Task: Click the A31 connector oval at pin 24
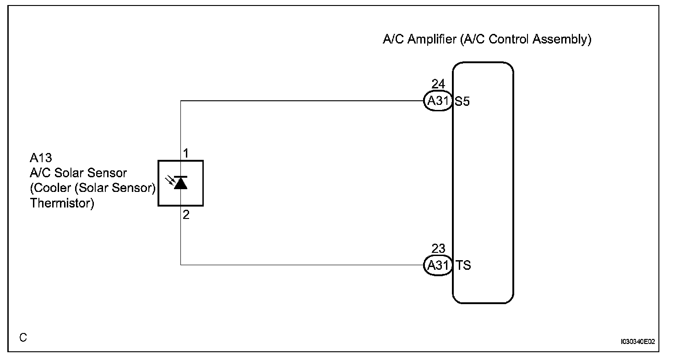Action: point(438,101)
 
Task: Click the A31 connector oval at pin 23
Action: point(438,265)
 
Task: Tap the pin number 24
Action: point(438,84)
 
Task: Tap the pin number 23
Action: point(438,248)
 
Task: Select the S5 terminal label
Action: point(462,102)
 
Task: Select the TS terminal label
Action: point(463,265)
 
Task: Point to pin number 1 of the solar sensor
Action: point(185,153)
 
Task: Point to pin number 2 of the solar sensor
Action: point(185,214)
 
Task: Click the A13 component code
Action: point(41,158)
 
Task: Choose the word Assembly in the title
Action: point(562,39)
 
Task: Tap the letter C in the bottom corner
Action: point(23,338)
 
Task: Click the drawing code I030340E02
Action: point(638,342)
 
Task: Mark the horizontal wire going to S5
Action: point(302,101)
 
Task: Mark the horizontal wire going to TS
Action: point(302,265)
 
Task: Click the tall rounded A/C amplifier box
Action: point(483,183)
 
